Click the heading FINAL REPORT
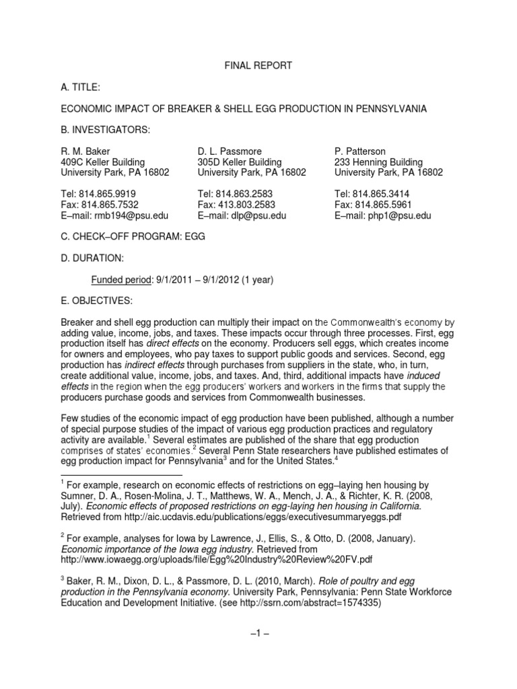click(x=259, y=65)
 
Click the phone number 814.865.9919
click(x=110, y=194)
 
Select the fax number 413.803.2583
click(x=248, y=205)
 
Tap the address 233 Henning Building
click(x=378, y=162)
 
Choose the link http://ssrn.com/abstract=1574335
click(x=304, y=604)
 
